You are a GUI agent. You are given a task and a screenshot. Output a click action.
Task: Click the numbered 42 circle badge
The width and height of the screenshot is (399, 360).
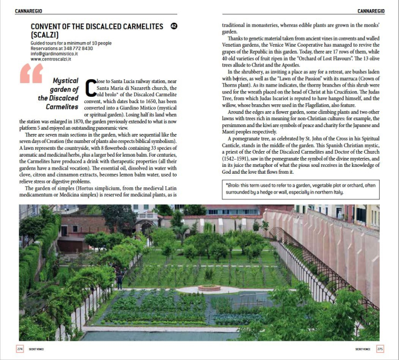(174, 26)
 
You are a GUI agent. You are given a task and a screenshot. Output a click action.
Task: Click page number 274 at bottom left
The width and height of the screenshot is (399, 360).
(21, 349)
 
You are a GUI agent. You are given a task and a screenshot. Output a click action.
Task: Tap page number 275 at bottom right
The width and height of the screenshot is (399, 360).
(380, 349)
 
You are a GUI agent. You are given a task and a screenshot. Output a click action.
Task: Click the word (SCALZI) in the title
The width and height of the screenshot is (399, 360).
(47, 35)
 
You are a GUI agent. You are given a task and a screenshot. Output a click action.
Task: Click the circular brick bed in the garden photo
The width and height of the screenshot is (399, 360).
(209, 288)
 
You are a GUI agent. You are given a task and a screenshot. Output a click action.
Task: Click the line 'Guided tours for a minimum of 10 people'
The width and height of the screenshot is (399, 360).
(71, 43)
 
